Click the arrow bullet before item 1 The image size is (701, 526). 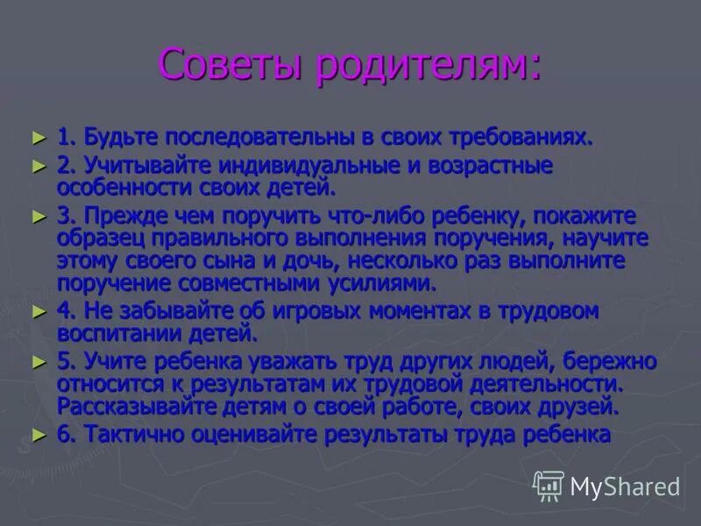coord(37,138)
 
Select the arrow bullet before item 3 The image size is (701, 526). coord(37,217)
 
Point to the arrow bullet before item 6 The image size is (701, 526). coord(37,434)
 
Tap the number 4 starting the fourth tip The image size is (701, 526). coord(63,311)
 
